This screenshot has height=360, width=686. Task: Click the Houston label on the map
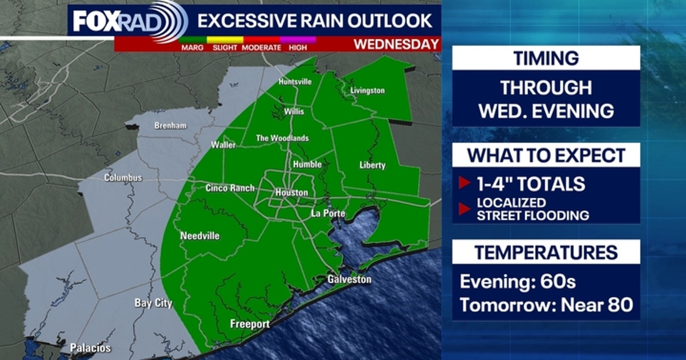coord(292,193)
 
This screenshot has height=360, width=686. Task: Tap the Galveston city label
coord(349,279)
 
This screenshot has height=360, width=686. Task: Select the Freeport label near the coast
coord(249,324)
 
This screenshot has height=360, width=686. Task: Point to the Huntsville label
coord(295,82)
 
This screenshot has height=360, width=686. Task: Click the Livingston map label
coord(367,90)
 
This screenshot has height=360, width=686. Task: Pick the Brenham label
coord(170,125)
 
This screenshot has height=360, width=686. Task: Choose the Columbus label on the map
coord(122,178)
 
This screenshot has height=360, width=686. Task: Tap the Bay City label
coord(153,303)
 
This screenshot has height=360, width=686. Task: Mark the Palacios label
coord(90,347)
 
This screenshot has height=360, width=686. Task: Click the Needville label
coord(200,235)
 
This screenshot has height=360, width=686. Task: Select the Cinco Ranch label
coord(230,188)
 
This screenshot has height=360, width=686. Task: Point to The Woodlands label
coord(282,138)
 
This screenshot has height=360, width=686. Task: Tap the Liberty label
coord(373,165)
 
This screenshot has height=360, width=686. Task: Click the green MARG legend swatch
coord(193,39)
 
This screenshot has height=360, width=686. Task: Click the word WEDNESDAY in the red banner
coord(396,44)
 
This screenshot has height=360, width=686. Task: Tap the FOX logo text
coord(95,21)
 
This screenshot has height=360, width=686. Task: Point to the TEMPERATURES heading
coord(545,252)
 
